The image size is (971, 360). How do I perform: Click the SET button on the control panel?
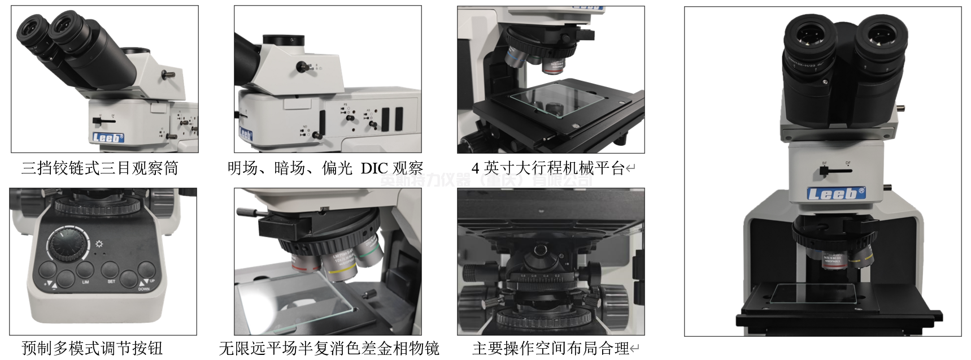110,270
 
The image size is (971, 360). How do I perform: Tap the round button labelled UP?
146,270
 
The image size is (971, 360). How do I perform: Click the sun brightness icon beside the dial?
99,244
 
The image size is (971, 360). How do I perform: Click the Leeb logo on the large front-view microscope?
835,194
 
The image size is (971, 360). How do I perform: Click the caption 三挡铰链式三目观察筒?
100,168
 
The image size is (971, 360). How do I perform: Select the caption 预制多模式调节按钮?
92,348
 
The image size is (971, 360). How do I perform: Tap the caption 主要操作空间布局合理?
550,348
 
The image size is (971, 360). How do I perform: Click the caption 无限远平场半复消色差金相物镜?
329,348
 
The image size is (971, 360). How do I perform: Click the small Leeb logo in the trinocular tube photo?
107,137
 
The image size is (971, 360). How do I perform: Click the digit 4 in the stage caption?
475,168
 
